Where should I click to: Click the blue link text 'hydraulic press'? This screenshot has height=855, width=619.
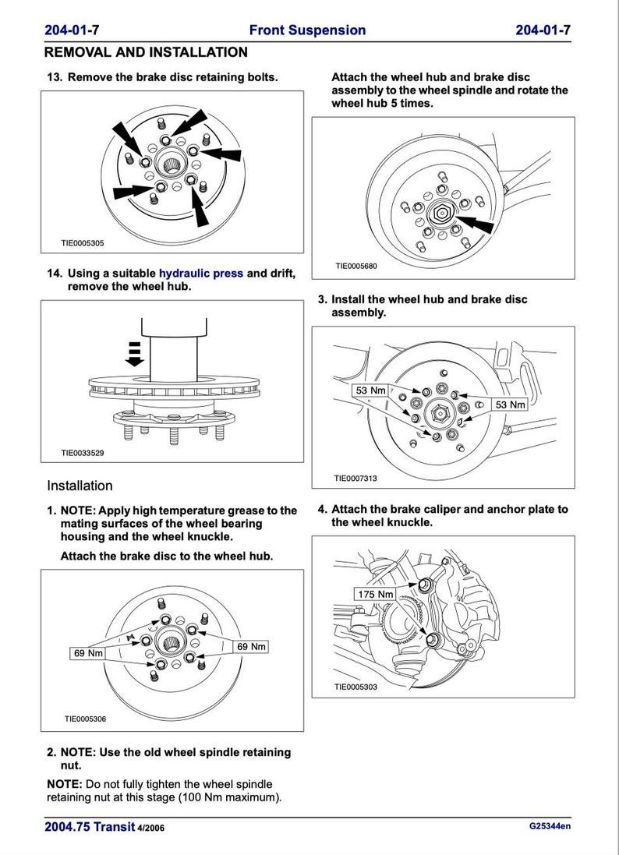(201, 274)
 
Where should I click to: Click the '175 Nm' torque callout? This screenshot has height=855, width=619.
(375, 595)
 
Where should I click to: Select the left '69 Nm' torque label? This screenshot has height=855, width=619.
(88, 653)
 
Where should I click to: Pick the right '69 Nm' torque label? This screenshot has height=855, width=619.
(251, 647)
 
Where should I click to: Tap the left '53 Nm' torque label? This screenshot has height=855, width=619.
(370, 390)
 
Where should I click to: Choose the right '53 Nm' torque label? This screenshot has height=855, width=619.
(511, 405)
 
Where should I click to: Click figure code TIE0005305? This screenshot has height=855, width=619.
(82, 243)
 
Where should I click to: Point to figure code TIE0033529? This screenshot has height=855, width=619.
(82, 452)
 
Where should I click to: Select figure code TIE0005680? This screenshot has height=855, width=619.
(356, 266)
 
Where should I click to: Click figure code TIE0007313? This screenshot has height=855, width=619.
(355, 479)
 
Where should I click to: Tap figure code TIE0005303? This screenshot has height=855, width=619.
(355, 687)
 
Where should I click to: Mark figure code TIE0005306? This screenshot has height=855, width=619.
(85, 719)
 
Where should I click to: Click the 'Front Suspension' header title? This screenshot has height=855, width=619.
(307, 30)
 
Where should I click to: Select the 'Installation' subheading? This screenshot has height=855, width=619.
(80, 486)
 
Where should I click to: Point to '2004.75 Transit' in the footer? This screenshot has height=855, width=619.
(90, 827)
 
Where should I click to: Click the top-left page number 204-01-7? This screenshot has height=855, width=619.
(72, 30)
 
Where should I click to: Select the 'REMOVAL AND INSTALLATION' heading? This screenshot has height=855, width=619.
(146, 52)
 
